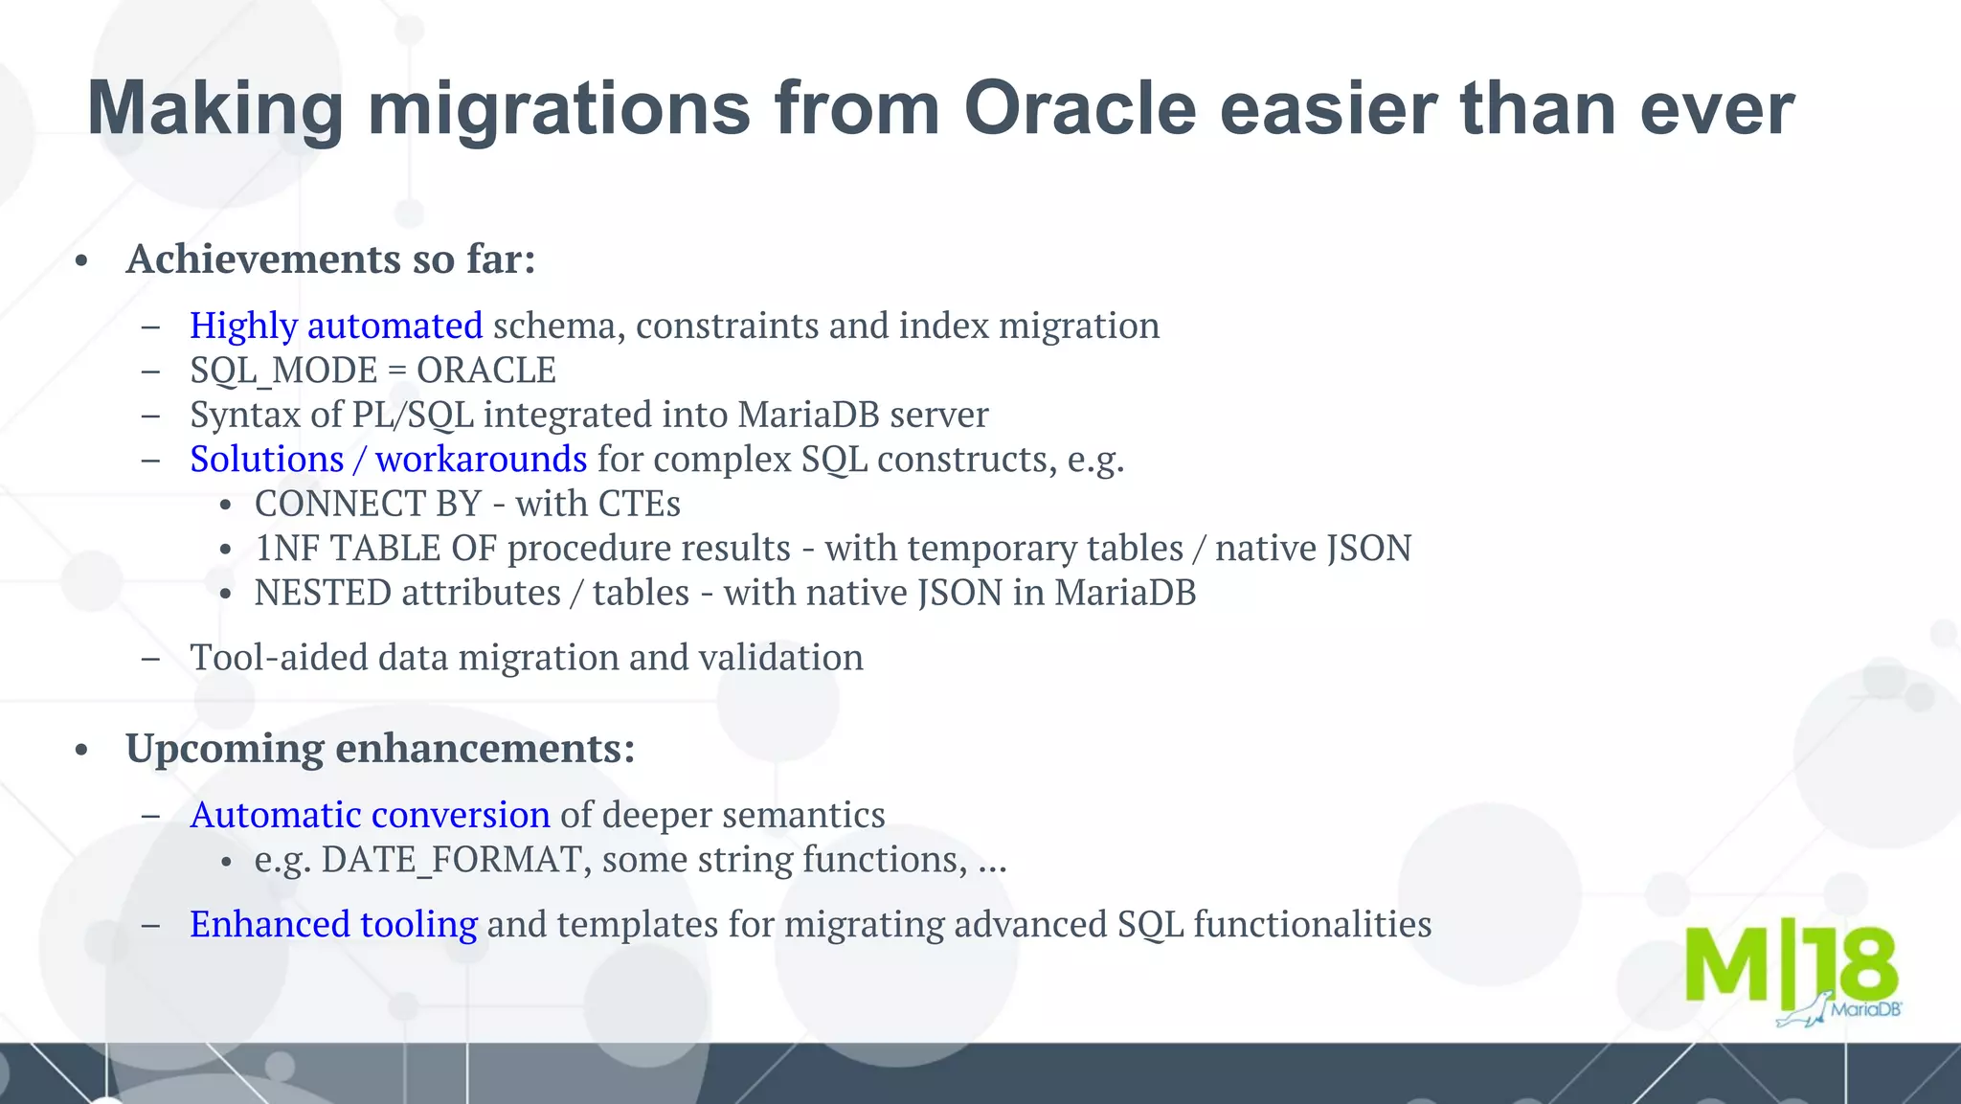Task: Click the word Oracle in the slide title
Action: [x=1079, y=108]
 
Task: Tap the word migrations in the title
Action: [x=559, y=108]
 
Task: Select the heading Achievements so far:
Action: [x=330, y=259]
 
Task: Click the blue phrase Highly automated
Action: [x=335, y=327]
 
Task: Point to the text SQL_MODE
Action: [x=283, y=371]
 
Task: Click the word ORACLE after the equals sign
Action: [x=485, y=371]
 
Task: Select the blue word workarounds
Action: [x=481, y=460]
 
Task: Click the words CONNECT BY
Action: [x=368, y=504]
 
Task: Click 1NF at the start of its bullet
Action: [x=286, y=549]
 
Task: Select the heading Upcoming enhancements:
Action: [x=380, y=748]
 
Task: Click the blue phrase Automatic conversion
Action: [x=370, y=815]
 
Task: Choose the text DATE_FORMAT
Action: [x=451, y=860]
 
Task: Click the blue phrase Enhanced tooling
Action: [x=333, y=924]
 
